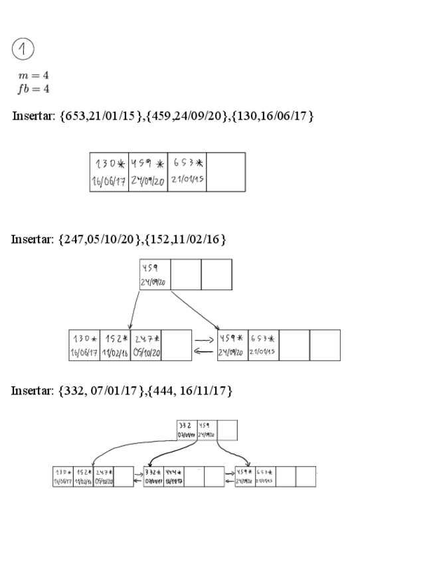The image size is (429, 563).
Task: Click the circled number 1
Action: click(23, 49)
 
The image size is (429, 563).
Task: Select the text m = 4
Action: click(33, 76)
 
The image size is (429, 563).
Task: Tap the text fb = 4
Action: click(33, 88)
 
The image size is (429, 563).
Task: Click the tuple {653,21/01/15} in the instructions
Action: click(101, 116)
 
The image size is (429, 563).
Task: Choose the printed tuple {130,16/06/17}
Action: click(273, 116)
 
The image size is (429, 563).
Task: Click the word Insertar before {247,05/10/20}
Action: click(33, 239)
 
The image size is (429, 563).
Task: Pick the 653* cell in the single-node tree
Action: click(187, 172)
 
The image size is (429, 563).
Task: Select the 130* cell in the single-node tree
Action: click(109, 172)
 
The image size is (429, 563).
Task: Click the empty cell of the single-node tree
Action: click(226, 172)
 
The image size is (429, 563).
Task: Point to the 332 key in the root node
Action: click(187, 430)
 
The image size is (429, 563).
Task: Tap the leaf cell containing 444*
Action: click(174, 476)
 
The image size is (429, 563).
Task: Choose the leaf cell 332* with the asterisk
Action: click(154, 476)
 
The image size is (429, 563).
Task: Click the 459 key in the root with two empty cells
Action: click(155, 274)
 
